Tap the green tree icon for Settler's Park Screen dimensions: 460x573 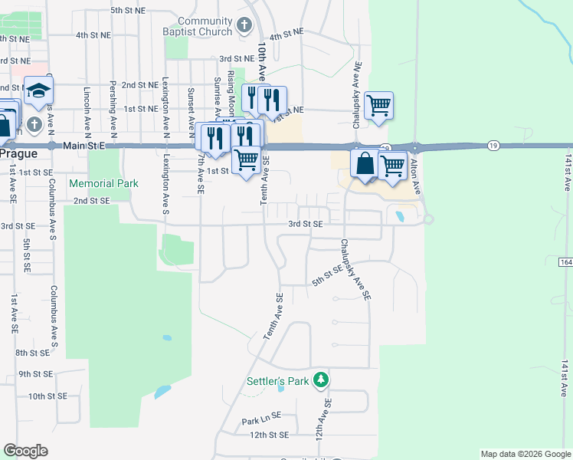[323, 380]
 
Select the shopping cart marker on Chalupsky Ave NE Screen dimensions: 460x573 [378, 106]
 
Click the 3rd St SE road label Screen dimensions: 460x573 [305, 224]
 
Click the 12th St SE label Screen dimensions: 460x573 [268, 435]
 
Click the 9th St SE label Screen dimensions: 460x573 [36, 374]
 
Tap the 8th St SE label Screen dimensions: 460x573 [33, 353]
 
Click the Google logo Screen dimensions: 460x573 [26, 451]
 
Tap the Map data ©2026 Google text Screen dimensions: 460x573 [525, 454]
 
